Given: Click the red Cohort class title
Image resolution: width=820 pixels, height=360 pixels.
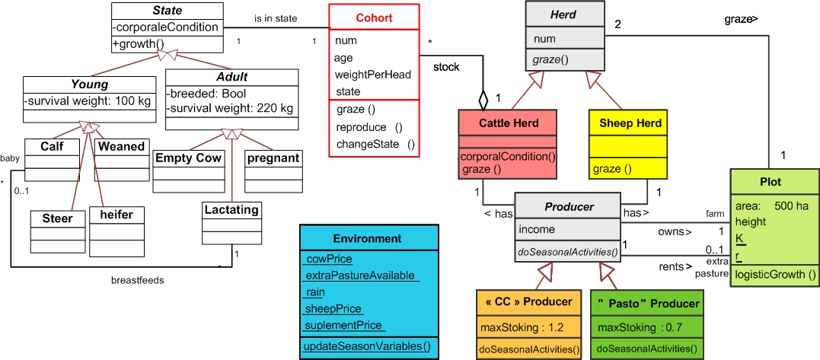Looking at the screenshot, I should [374, 18].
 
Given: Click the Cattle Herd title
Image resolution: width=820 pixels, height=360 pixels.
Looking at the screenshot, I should [509, 123].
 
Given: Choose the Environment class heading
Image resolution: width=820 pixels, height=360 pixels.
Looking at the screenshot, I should [367, 237].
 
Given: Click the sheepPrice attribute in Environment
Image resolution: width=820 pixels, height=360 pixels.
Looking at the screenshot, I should [333, 309].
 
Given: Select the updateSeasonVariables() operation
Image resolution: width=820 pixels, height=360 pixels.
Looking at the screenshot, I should [367, 346].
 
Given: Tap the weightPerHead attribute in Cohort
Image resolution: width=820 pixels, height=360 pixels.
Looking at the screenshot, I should [372, 75].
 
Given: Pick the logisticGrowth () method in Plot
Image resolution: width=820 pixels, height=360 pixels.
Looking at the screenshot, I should [774, 274].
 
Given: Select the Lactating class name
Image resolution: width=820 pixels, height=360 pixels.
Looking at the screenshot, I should [231, 209].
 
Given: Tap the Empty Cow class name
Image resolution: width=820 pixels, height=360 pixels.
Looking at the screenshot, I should [188, 158].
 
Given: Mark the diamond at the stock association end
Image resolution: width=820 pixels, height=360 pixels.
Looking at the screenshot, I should [483, 100].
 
